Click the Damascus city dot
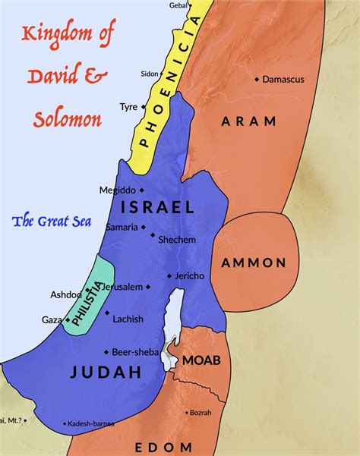pyautogui.click(x=257, y=79)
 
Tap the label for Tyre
pyautogui.click(x=128, y=107)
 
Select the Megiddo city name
pyautogui.click(x=117, y=190)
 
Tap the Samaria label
pyautogui.click(x=122, y=227)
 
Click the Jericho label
pyautogui.click(x=189, y=276)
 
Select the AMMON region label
pyautogui.click(x=254, y=263)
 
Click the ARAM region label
pyautogui.click(x=245, y=121)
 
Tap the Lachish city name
pyautogui.click(x=128, y=319)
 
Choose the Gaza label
pyautogui.click(x=52, y=320)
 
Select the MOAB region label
pyautogui.click(x=201, y=360)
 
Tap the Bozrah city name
pyautogui.click(x=201, y=412)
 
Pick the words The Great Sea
pyautogui.click(x=52, y=222)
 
